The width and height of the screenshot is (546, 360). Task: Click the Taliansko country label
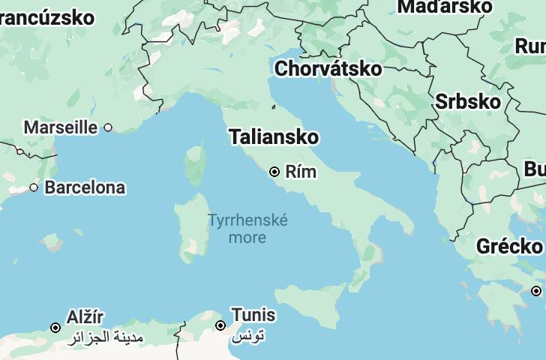[274, 137]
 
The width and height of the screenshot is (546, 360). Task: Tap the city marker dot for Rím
[274, 172]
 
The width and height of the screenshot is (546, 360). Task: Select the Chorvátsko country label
[328, 69]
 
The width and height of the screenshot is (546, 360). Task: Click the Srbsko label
[467, 101]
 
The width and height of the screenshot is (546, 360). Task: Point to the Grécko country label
[509, 246]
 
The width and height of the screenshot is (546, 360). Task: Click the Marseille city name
[61, 127]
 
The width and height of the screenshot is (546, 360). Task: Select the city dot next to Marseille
[108, 127]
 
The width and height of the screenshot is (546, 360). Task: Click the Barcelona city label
[85, 187]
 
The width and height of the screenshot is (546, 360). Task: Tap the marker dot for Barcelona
[34, 187]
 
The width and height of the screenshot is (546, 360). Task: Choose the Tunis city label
[253, 315]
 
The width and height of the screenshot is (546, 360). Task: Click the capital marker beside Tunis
[220, 325]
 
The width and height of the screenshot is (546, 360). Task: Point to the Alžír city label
[85, 317]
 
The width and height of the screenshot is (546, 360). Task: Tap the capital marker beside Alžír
[55, 328]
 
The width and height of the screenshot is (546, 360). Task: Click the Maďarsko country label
[445, 7]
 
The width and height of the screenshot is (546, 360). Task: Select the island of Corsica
[195, 165]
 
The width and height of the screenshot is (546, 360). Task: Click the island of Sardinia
[190, 226]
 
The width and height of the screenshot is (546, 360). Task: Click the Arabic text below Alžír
[104, 337]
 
